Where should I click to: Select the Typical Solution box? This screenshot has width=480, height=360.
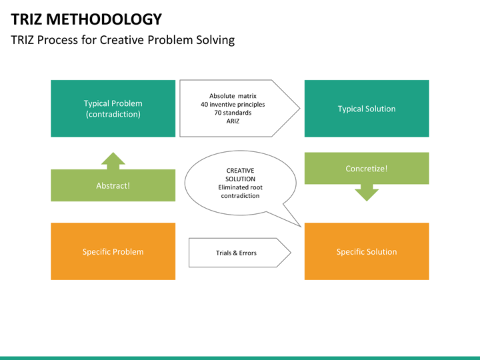[x=366, y=109]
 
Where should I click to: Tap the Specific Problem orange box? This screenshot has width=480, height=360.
[x=113, y=251]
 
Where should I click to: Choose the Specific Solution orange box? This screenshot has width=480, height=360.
[x=366, y=251]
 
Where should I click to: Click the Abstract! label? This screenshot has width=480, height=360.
[x=113, y=186]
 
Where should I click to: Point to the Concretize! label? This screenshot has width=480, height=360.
[x=366, y=169]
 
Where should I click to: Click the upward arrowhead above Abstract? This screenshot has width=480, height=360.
[x=113, y=159]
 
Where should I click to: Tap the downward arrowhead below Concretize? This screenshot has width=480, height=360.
[x=367, y=194]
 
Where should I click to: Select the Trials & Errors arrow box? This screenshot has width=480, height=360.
[x=236, y=253]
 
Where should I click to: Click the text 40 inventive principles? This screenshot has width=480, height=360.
[x=233, y=104]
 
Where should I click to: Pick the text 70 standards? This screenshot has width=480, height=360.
[x=233, y=113]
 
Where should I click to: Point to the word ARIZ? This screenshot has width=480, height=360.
[x=233, y=121]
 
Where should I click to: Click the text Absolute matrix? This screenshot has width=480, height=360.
[x=233, y=96]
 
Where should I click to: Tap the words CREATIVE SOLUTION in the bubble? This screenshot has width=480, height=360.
[x=240, y=175]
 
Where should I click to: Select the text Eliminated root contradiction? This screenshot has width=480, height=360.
[x=240, y=191]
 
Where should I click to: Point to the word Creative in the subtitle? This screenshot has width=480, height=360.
[x=123, y=40]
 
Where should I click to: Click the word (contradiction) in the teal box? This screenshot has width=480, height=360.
[x=113, y=114]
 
